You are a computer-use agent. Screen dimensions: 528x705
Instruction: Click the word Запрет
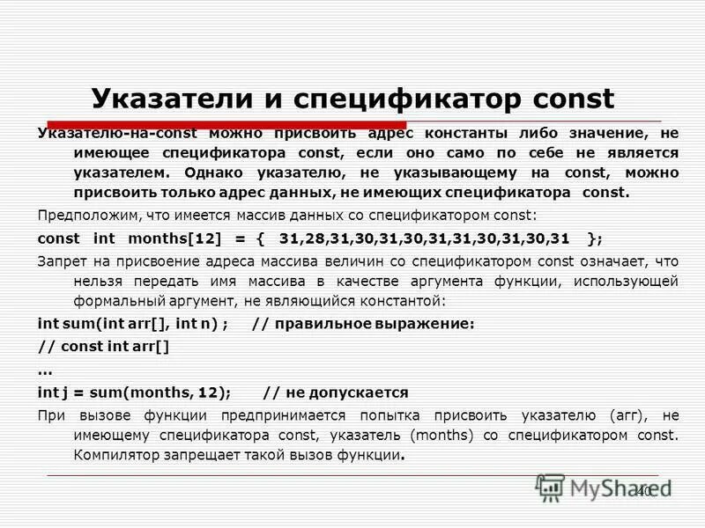[62, 260]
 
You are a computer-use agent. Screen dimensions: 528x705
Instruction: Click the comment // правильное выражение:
[363, 323]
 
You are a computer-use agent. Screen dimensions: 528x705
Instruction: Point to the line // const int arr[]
[105, 346]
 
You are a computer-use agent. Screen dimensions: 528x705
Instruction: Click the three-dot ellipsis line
[46, 369]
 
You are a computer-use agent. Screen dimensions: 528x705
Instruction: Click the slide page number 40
[643, 490]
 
